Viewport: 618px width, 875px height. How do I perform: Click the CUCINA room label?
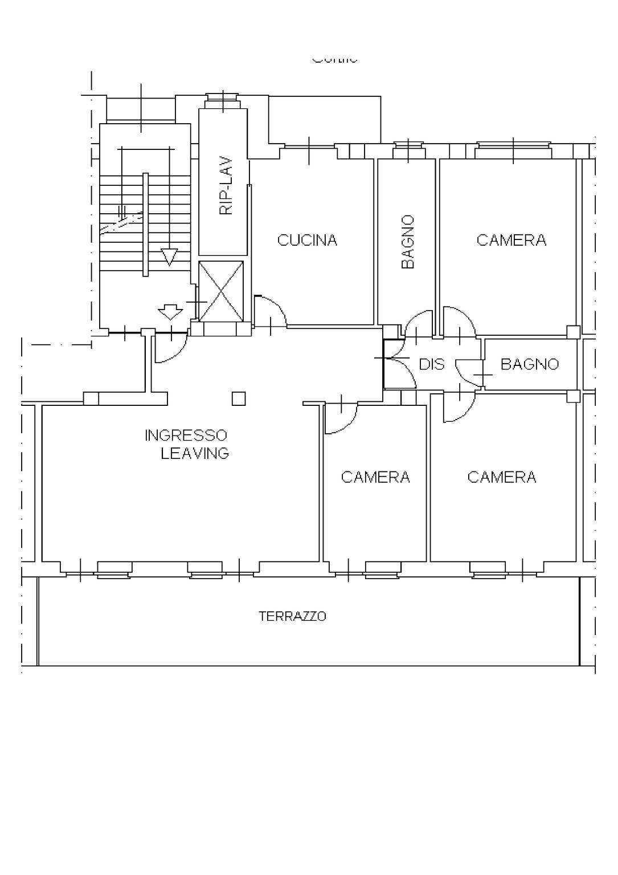(x=307, y=241)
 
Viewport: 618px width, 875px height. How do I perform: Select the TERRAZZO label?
(x=292, y=616)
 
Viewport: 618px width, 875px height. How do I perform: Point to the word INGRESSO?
(x=186, y=436)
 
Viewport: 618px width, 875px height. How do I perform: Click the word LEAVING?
(x=194, y=454)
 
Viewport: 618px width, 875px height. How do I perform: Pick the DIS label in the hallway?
(x=431, y=364)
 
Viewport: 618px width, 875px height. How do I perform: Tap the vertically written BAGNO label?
(x=407, y=242)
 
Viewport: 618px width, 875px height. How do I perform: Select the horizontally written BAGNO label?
(x=529, y=364)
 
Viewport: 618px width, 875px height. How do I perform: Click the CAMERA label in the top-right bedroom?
(x=511, y=241)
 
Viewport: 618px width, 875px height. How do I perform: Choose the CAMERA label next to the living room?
(x=375, y=477)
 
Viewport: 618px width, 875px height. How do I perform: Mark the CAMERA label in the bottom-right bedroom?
(x=501, y=477)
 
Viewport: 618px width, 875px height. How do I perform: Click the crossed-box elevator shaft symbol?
(x=221, y=291)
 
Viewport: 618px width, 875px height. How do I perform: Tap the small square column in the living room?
(x=239, y=398)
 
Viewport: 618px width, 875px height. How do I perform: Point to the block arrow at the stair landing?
(x=170, y=312)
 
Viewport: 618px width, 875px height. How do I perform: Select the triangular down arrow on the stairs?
(x=169, y=257)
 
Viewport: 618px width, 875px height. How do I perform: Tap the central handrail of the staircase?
(x=145, y=224)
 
